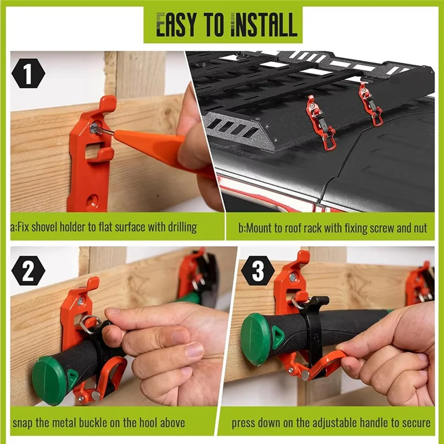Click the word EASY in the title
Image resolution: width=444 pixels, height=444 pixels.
(176, 25)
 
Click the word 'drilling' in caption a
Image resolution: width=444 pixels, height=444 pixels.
(179, 228)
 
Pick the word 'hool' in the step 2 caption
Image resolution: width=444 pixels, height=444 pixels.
(167, 423)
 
